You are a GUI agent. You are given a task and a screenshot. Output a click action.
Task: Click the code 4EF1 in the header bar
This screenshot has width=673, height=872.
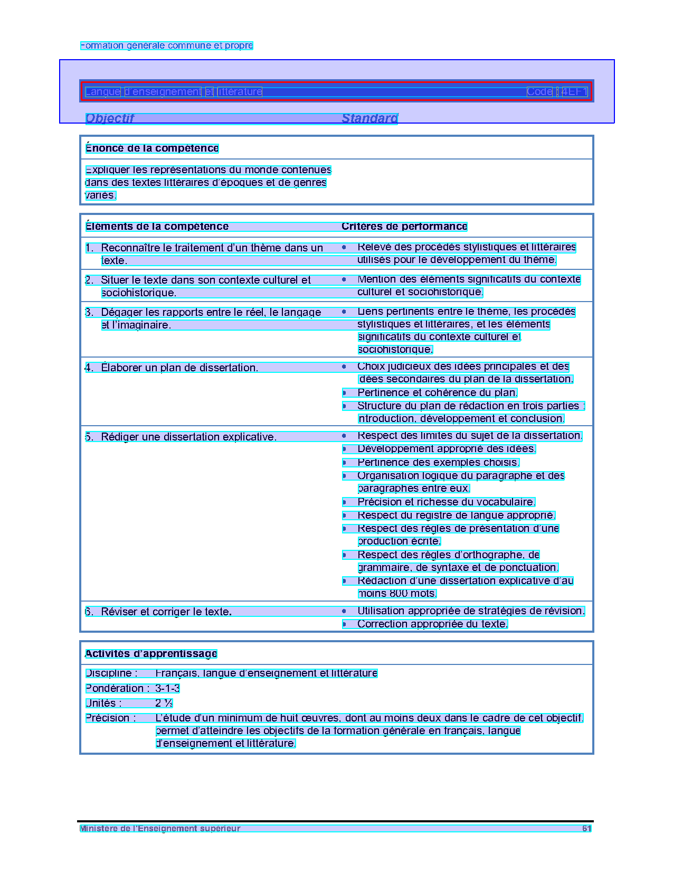point(574,92)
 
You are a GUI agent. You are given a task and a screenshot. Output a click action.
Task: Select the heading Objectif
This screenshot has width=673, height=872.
point(110,118)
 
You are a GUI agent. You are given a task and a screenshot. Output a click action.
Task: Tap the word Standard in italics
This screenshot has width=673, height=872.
point(369,118)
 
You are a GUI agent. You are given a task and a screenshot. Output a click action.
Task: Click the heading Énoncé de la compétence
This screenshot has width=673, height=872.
point(152,148)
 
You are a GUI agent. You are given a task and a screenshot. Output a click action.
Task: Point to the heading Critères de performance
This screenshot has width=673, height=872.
point(404,227)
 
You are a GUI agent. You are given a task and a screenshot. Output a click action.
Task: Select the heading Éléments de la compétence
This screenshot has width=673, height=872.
point(157,227)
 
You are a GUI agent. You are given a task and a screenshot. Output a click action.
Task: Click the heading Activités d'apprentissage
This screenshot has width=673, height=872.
point(151,654)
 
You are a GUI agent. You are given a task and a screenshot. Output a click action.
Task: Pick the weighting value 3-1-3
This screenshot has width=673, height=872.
point(167,688)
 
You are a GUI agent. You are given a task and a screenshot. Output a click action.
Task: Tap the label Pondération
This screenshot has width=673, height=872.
point(115,688)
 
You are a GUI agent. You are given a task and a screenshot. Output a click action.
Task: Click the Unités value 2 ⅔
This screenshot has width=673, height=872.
point(164,703)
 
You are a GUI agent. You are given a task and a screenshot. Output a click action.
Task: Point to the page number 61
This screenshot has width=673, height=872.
point(586,829)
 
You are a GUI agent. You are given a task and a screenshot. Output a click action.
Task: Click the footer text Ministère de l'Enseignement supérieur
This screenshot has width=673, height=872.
point(160,829)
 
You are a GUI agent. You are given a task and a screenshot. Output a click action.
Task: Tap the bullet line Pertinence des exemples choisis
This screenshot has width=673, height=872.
point(438,463)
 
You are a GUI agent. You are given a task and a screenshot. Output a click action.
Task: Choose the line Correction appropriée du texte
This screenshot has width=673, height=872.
point(432,624)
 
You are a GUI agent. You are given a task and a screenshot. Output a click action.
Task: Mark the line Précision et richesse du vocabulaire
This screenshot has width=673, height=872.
point(446,502)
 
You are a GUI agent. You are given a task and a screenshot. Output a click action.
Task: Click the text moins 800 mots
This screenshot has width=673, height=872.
point(397,594)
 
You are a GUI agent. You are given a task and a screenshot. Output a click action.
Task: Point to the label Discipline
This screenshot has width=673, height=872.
point(111,673)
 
